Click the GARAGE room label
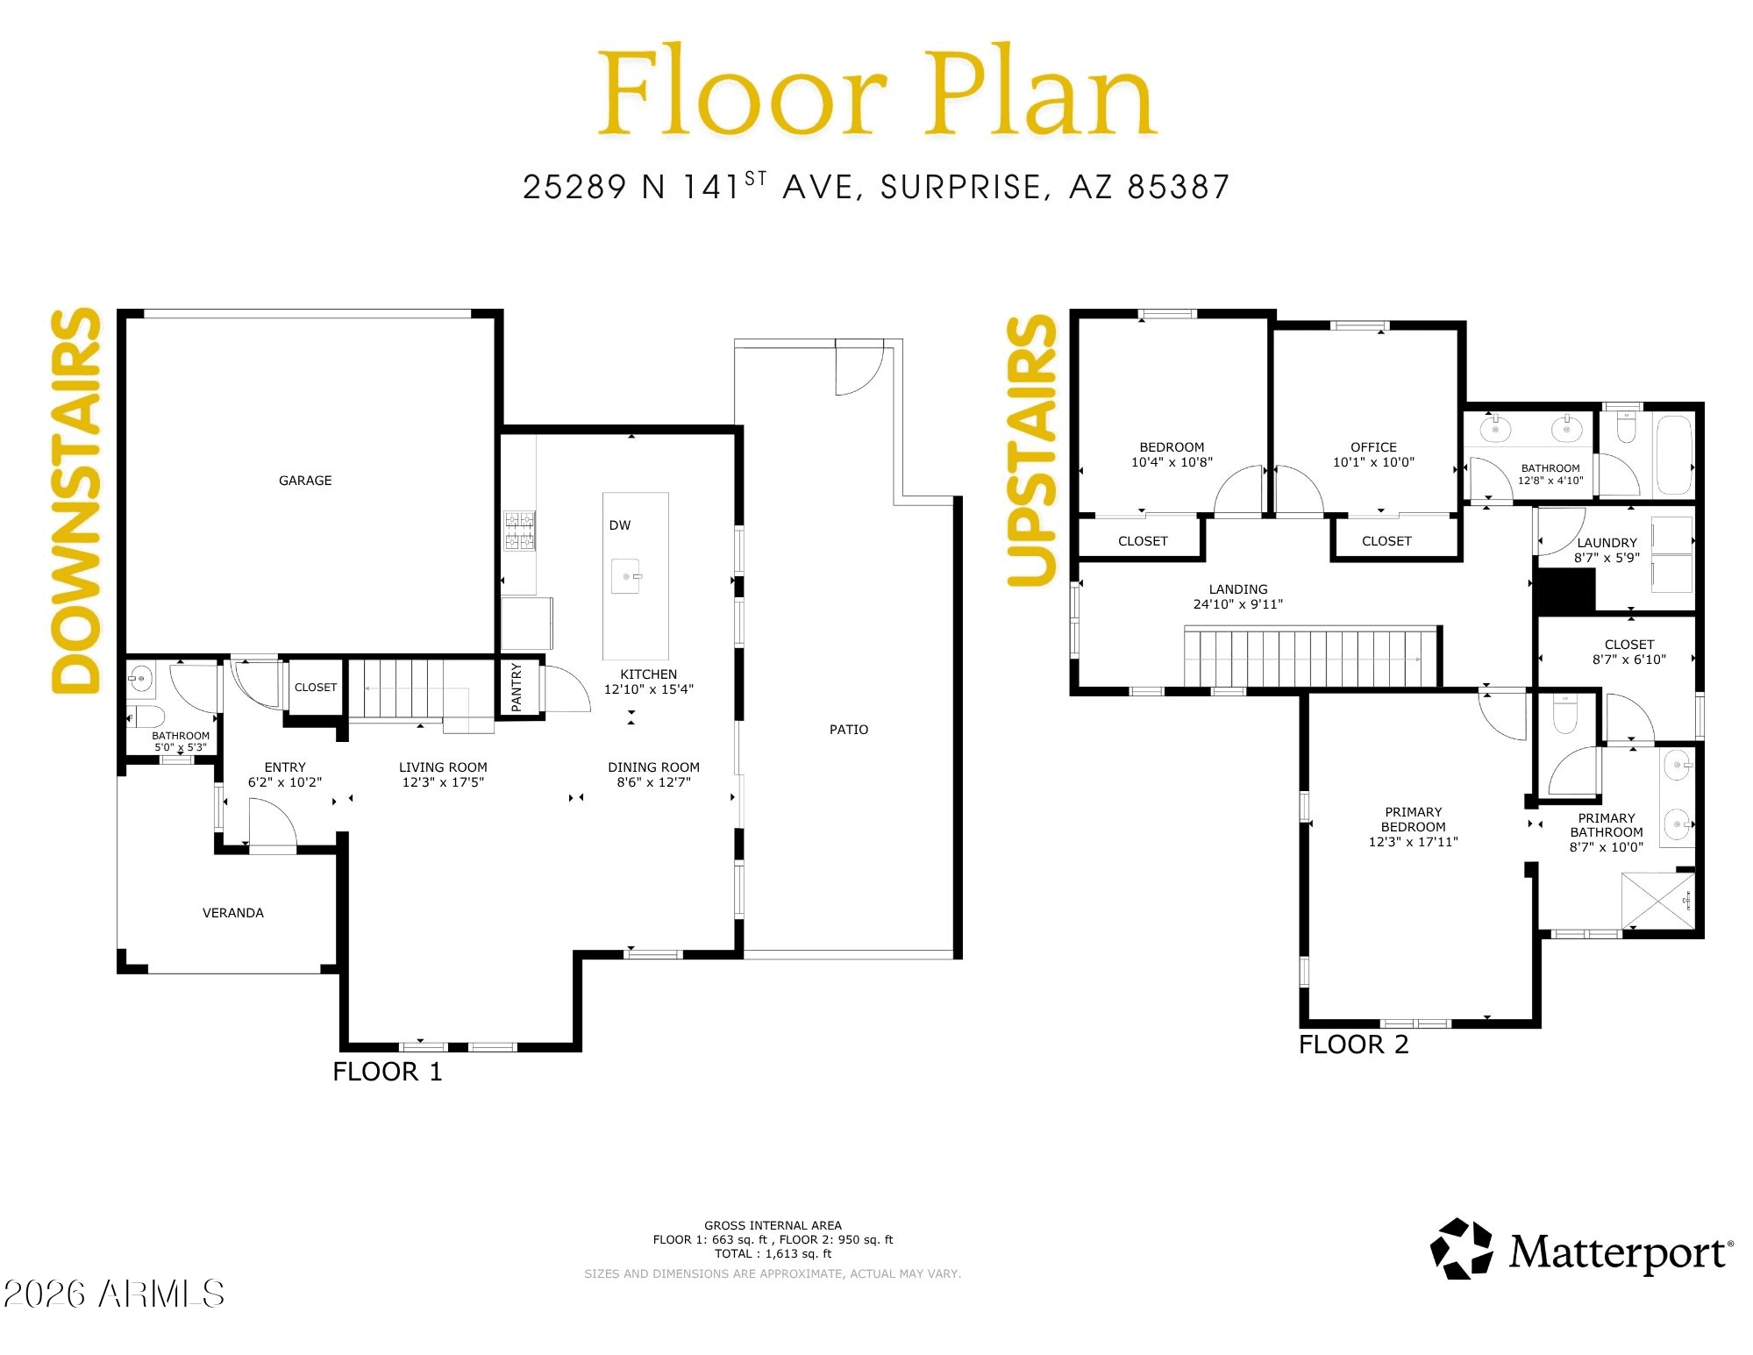point(305,481)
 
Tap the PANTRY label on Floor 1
point(517,687)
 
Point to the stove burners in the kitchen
point(519,531)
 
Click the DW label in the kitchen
point(620,525)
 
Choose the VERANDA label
point(233,913)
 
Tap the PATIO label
point(849,730)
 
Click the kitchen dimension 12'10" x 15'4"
point(649,689)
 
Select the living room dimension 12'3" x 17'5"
point(443,782)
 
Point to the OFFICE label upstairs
point(1374,447)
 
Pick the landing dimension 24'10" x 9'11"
point(1238,604)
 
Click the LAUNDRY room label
point(1607,543)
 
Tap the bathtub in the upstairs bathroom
point(1674,455)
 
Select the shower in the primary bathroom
point(1657,900)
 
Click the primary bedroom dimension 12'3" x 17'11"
point(1414,842)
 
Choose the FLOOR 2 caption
point(1354,1045)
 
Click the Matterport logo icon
point(1461,1249)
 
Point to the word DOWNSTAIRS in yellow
point(76,501)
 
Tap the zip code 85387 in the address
point(1179,187)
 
